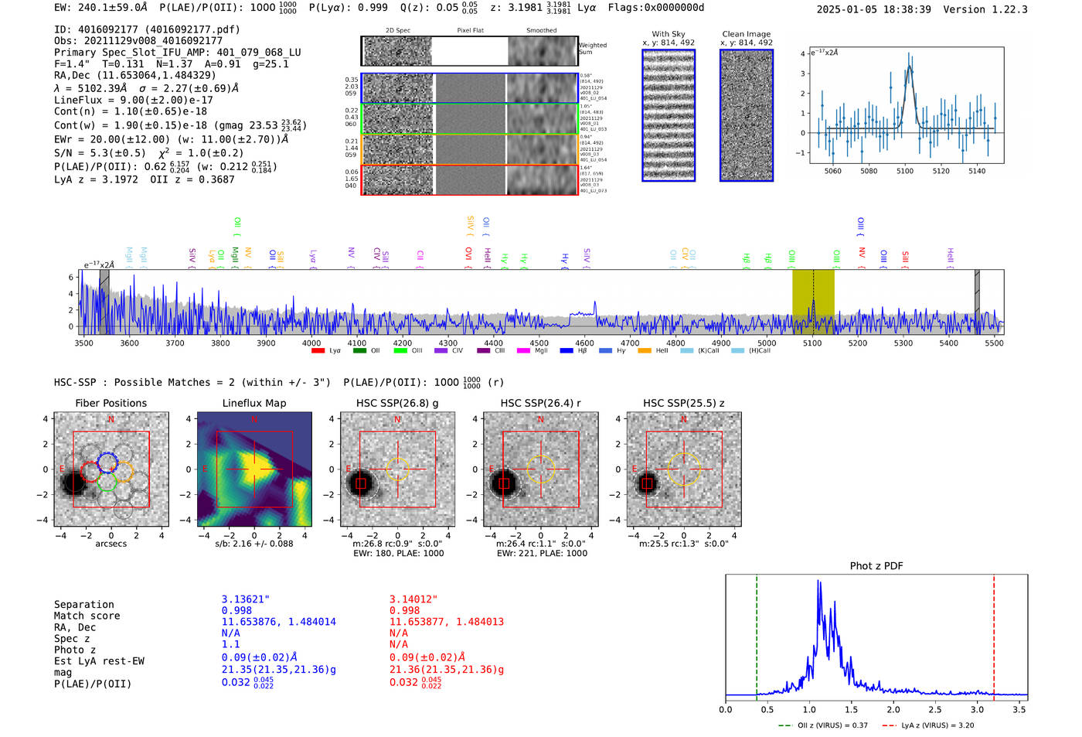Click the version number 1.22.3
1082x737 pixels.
click(998, 9)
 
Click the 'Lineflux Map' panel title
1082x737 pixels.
click(253, 403)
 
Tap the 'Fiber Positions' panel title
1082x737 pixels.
click(111, 403)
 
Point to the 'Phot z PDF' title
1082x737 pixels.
click(876, 566)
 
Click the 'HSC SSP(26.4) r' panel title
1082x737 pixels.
click(540, 403)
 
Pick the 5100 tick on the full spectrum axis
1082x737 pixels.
click(812, 343)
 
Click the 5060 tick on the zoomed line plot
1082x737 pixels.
click(832, 171)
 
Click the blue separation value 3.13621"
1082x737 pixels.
click(245, 599)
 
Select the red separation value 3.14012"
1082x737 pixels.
click(413, 599)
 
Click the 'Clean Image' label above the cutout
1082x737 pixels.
click(746, 34)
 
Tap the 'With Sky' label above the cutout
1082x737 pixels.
click(668, 34)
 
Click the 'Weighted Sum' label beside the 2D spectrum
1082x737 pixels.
click(592, 49)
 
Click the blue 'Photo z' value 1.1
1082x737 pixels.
click(230, 644)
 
